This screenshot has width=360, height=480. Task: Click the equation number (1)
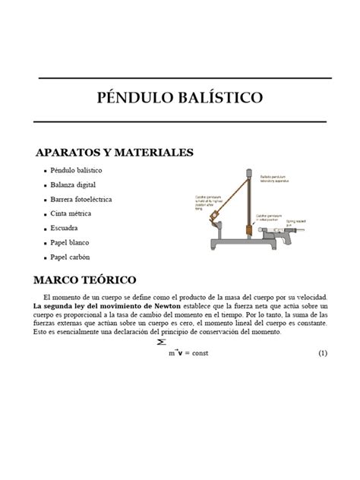coord(323,354)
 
